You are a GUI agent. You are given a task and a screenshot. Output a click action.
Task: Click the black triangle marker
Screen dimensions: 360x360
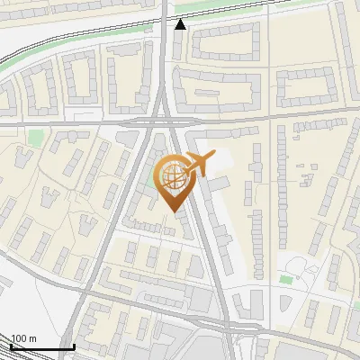[x=181, y=24]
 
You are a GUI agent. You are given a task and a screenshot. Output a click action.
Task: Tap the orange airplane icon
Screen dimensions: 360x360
[x=199, y=164]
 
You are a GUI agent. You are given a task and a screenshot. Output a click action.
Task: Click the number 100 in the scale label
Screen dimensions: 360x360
[x=20, y=338]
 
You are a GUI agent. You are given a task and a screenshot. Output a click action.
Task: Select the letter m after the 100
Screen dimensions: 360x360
[x=33, y=338]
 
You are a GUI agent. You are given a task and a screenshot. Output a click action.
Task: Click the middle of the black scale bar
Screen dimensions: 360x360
[x=42, y=346]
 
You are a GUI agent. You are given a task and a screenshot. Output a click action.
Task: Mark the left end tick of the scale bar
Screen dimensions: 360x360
[x=11, y=346]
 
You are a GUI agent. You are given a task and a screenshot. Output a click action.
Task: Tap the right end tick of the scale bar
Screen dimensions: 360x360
[x=74, y=346]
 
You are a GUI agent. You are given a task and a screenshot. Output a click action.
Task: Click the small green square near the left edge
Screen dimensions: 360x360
[x=35, y=137]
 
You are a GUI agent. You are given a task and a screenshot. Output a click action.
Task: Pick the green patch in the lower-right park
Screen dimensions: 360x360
[x=286, y=279]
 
